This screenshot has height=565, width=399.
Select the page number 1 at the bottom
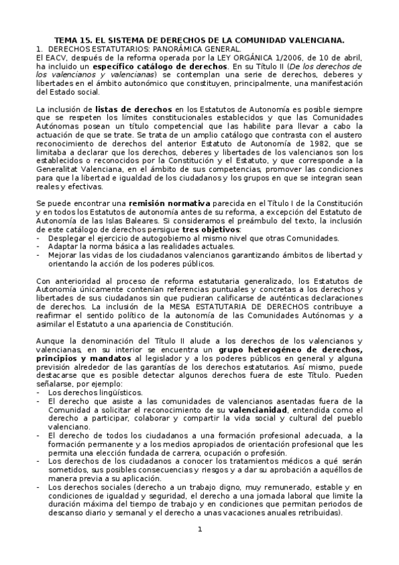[199, 530]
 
